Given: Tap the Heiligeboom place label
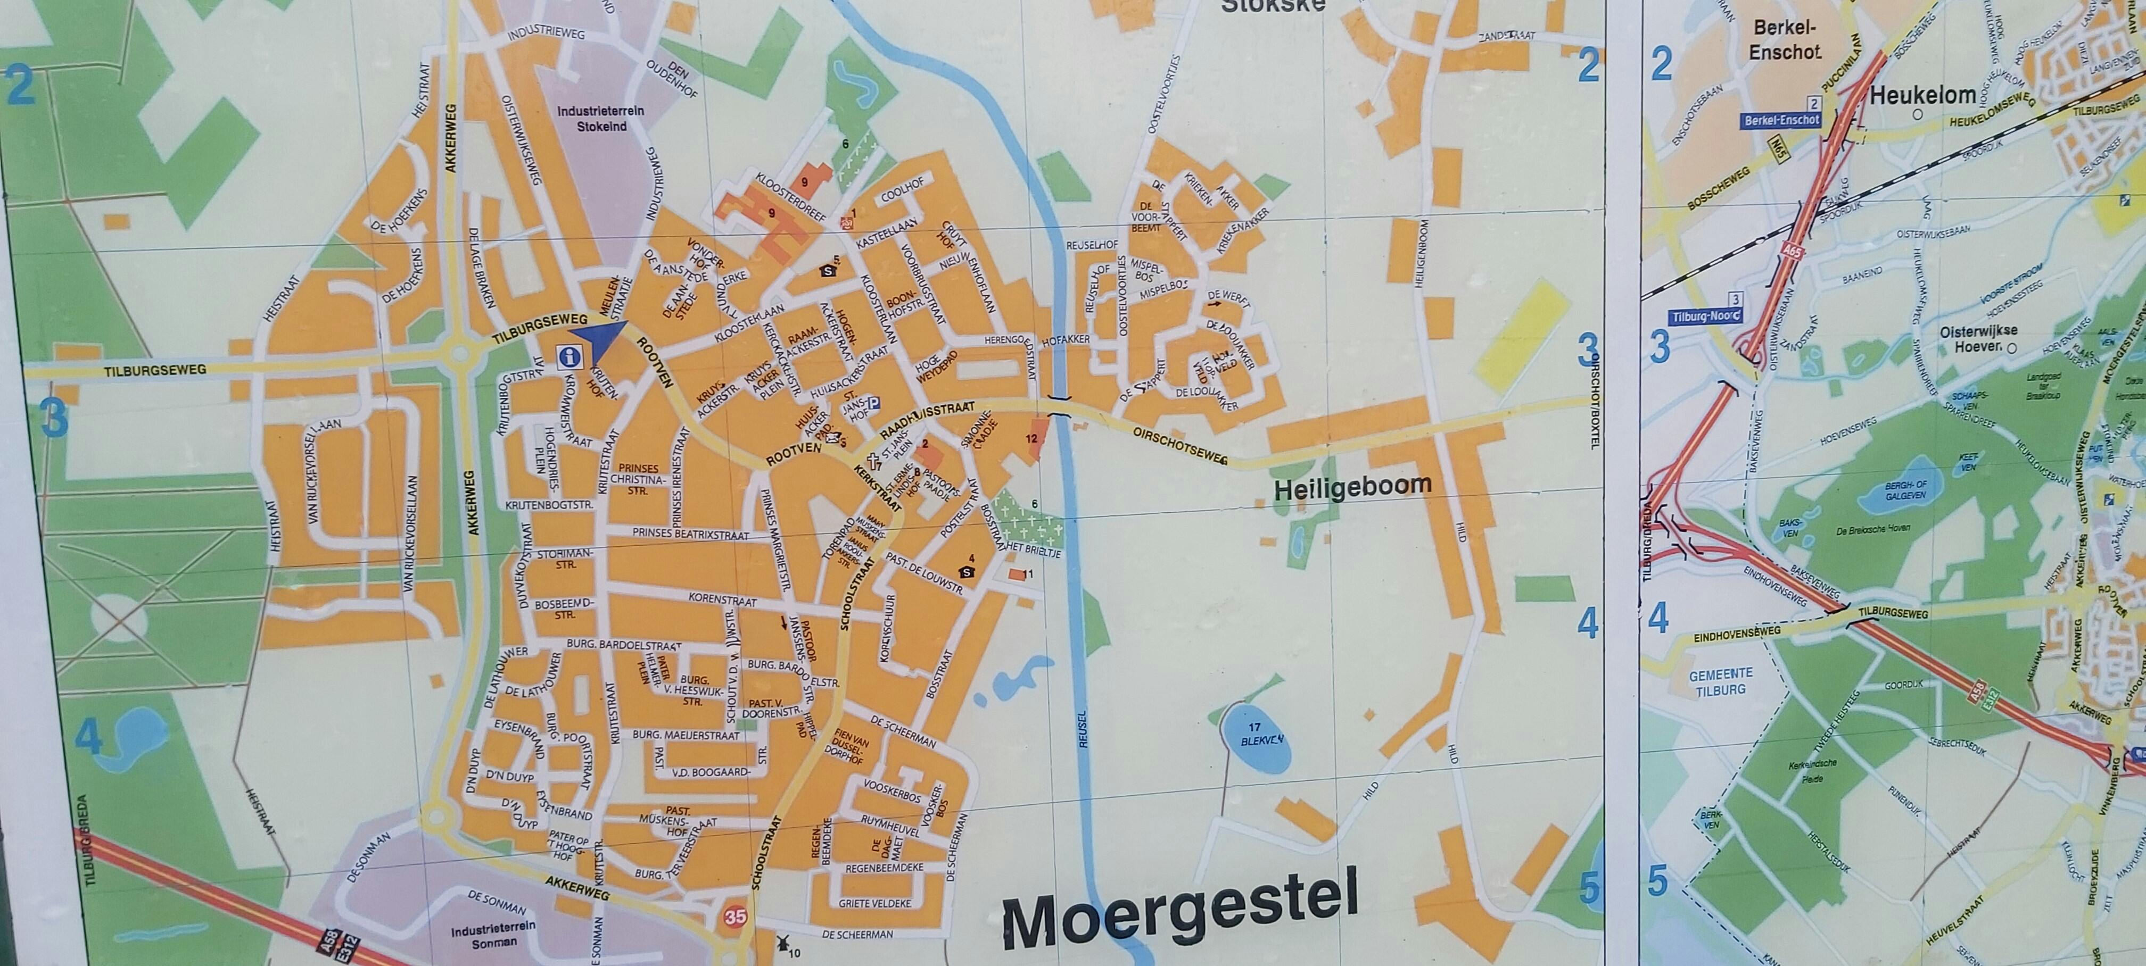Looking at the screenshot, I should tap(1353, 486).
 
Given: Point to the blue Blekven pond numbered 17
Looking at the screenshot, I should tap(1258, 748).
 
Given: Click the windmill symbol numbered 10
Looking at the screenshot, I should tap(781, 943).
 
